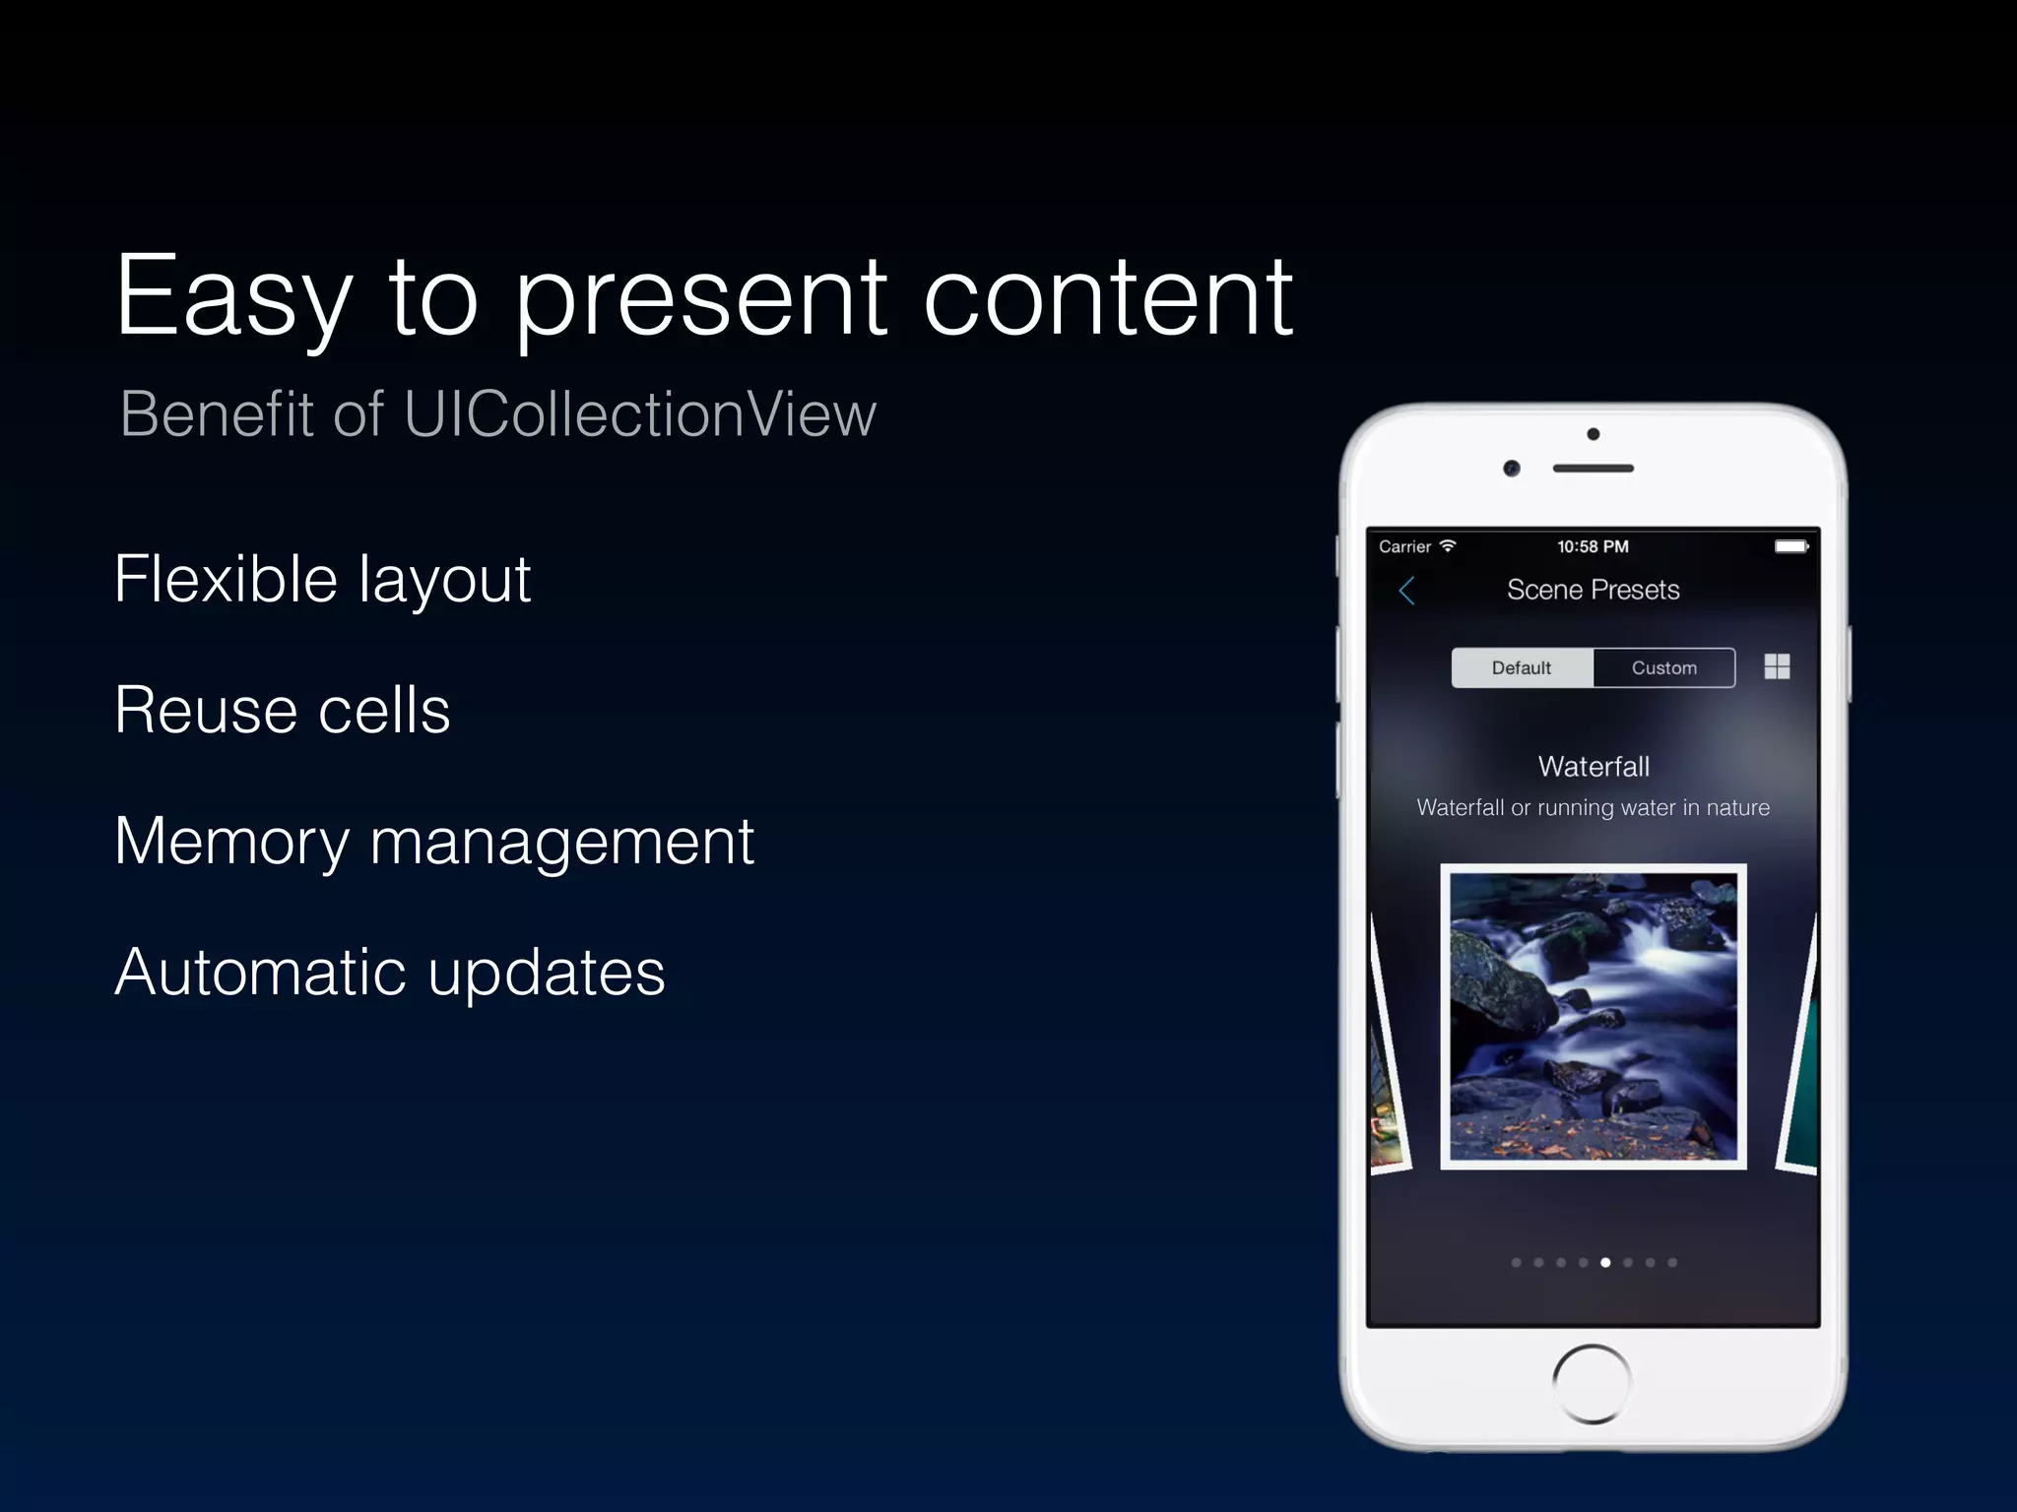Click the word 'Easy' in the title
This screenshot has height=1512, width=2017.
point(234,298)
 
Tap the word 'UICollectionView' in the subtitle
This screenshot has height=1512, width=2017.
point(639,414)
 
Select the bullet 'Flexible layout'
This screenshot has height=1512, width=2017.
point(322,580)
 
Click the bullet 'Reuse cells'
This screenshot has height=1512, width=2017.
point(282,710)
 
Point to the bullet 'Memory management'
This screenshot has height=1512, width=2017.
point(433,843)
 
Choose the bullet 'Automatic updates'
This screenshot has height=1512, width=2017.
point(390,973)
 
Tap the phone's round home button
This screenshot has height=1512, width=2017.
point(1592,1383)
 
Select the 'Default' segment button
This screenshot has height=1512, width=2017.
point(1522,667)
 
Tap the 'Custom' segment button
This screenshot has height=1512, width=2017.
point(1663,667)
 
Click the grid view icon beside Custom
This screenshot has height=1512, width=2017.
point(1777,666)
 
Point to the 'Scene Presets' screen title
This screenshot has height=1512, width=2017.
point(1593,590)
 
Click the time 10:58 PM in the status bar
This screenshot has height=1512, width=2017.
point(1593,546)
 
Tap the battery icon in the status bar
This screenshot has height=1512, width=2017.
point(1790,546)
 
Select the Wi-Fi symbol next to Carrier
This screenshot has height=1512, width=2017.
point(1447,545)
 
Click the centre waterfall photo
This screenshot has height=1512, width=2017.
point(1593,1016)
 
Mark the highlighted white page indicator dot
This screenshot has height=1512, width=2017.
point(1605,1262)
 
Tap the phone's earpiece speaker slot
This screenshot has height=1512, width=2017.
point(1593,469)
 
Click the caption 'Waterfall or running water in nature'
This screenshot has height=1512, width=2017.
point(1593,808)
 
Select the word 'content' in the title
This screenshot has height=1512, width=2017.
point(1107,298)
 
